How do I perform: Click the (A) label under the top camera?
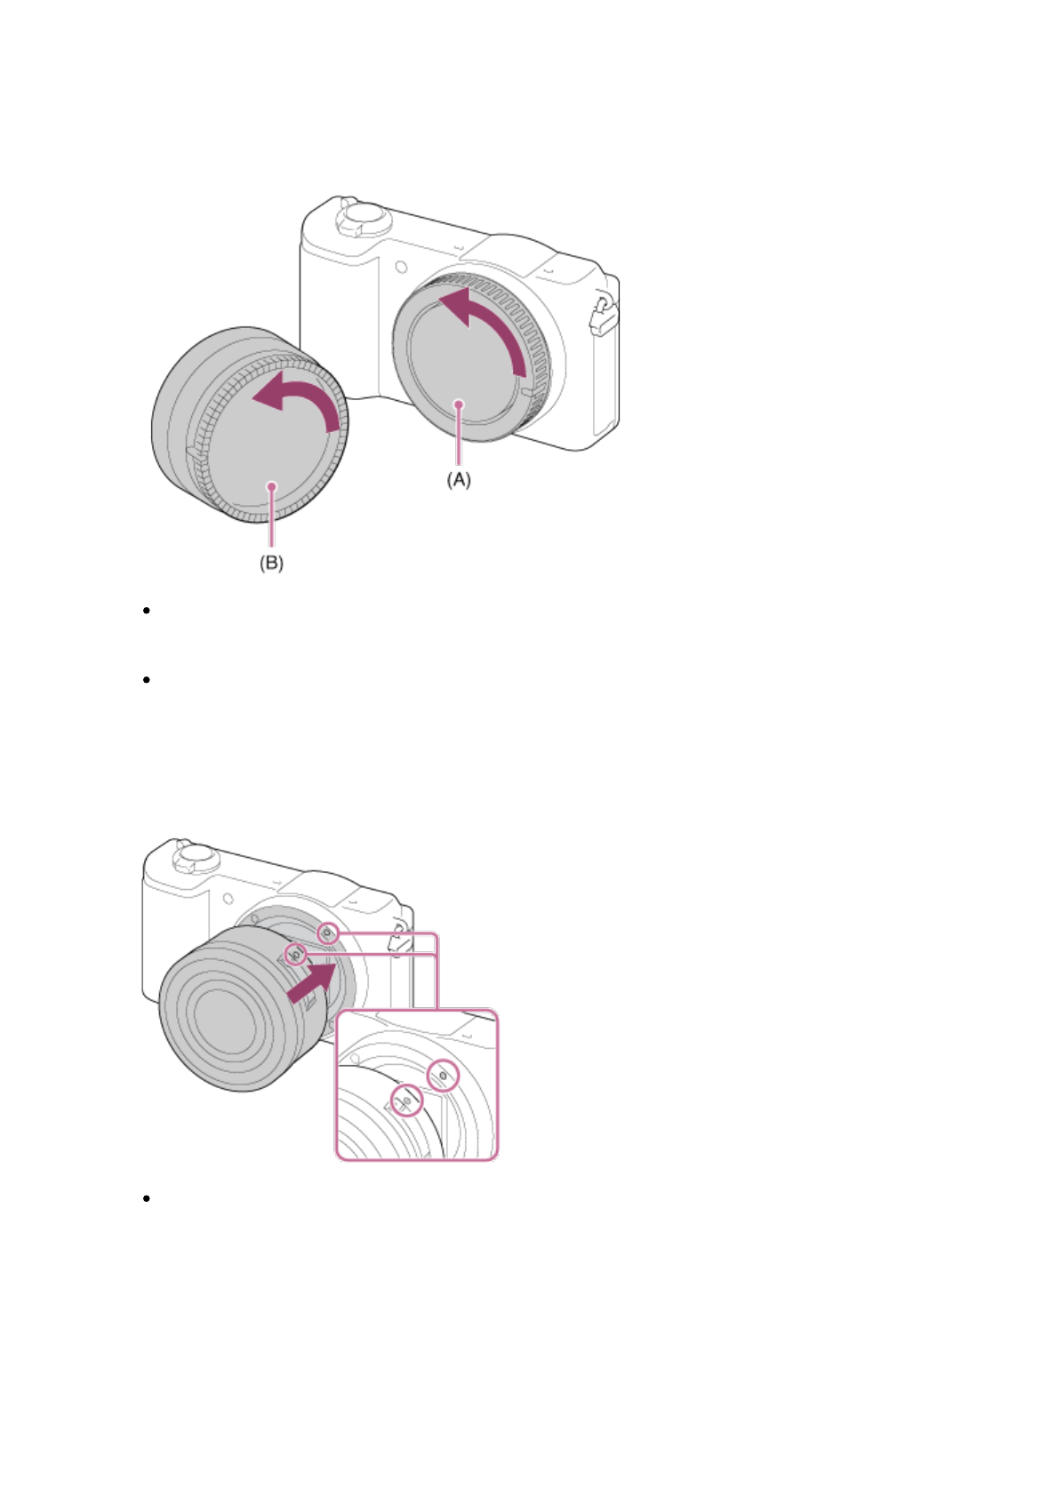click(x=459, y=479)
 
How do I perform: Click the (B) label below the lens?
click(x=271, y=563)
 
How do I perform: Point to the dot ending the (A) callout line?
click(x=459, y=404)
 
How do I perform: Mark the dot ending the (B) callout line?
click(x=271, y=486)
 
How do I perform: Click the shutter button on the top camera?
click(x=364, y=218)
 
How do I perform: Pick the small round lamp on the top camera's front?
click(x=401, y=268)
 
